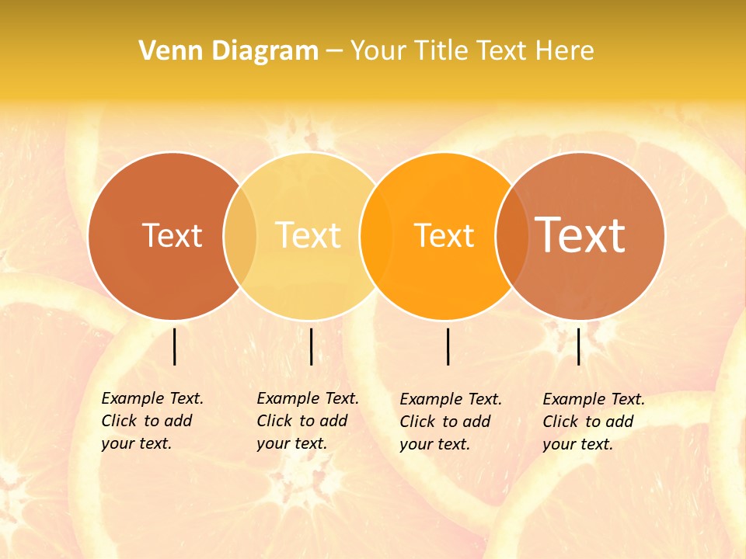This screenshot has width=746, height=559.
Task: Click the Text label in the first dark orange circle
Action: [x=172, y=235]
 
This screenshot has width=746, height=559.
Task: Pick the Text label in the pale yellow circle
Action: [x=309, y=235]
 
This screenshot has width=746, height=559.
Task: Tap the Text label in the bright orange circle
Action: [x=444, y=235]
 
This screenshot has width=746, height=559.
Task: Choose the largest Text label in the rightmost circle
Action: [x=580, y=235]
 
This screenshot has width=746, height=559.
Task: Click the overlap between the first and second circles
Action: [x=240, y=236]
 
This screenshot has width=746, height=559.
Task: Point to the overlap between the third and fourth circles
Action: [x=511, y=236]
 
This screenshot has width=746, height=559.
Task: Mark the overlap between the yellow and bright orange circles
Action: [x=377, y=236]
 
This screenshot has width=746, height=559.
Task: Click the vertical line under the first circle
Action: [x=175, y=346]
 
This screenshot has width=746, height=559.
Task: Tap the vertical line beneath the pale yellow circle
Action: [x=311, y=346]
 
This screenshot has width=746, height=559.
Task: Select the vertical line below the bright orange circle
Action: [x=448, y=346]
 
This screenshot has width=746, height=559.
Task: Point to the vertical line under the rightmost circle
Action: [x=579, y=346]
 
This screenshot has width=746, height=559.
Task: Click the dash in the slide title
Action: [x=334, y=51]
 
